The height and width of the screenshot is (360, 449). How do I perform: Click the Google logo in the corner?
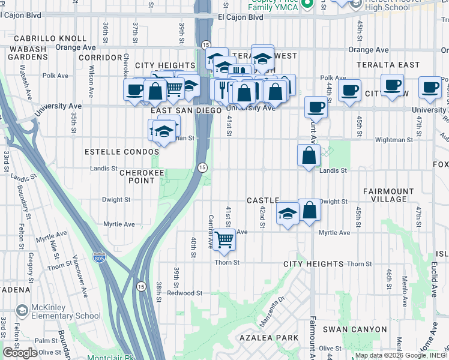[20, 352]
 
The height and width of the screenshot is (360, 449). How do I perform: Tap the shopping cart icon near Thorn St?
[224, 240]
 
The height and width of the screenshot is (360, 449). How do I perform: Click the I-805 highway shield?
[100, 258]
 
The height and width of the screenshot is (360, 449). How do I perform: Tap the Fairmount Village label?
[388, 195]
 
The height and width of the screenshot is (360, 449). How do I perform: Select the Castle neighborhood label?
[263, 200]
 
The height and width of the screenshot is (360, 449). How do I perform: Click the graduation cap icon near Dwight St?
[288, 214]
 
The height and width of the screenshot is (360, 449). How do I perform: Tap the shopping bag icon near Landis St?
[309, 156]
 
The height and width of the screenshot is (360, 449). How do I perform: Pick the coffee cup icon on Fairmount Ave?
[316, 108]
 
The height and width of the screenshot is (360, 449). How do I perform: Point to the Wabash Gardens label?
[28, 52]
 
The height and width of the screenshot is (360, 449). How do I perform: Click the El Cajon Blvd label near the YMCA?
[241, 17]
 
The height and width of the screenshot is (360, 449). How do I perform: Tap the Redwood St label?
[184, 293]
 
